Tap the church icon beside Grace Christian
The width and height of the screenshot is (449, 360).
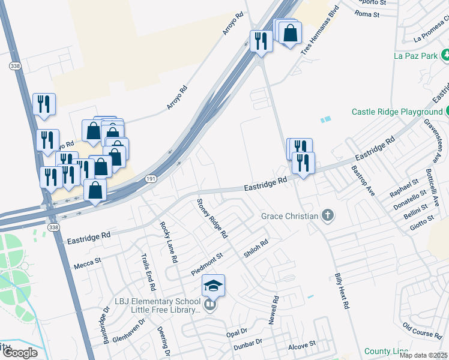click(x=327, y=215)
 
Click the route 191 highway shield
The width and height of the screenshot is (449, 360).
click(x=152, y=178)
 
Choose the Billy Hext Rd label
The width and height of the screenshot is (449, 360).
click(x=342, y=292)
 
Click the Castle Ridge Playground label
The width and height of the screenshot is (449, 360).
click(x=396, y=112)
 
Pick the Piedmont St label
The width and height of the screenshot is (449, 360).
click(x=207, y=264)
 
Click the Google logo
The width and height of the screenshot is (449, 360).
click(x=19, y=353)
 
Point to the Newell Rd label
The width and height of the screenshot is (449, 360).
click(x=274, y=310)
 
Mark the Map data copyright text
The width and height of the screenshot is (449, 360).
click(x=423, y=355)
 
